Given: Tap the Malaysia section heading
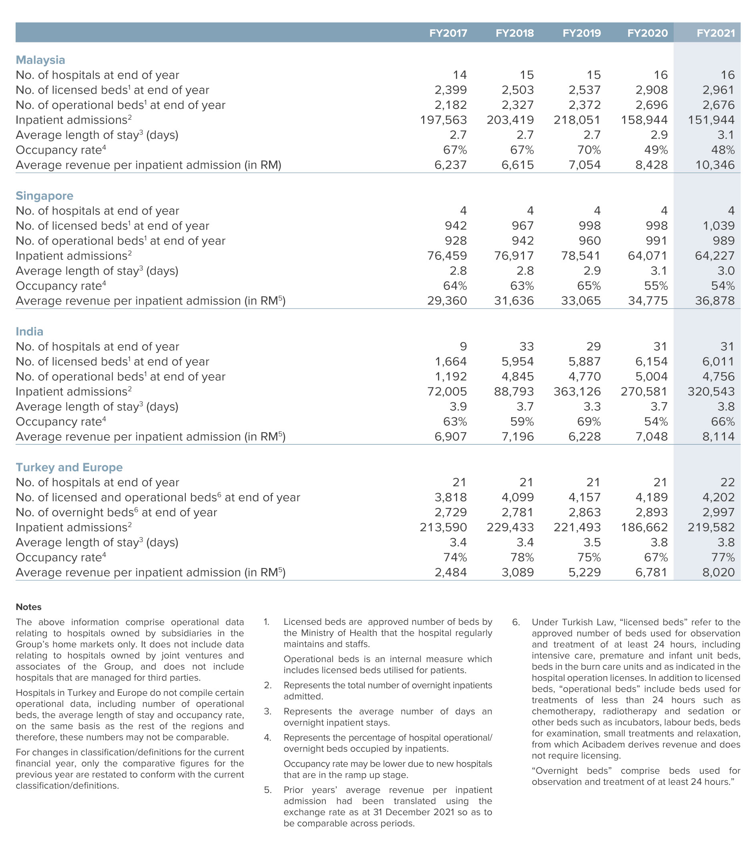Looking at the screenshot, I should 40,60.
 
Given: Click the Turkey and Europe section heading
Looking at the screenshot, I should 69,467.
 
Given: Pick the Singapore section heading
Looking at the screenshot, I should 44,196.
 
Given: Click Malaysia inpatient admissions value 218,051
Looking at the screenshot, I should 577,120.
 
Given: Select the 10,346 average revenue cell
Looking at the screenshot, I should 715,165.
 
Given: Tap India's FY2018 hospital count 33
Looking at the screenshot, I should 526,347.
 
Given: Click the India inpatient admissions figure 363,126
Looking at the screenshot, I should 577,391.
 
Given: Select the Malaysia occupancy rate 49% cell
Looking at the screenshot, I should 656,150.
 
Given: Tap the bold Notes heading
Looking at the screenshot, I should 28,607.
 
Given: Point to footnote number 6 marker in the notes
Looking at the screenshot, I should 516,622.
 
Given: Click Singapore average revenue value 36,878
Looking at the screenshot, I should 715,301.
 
